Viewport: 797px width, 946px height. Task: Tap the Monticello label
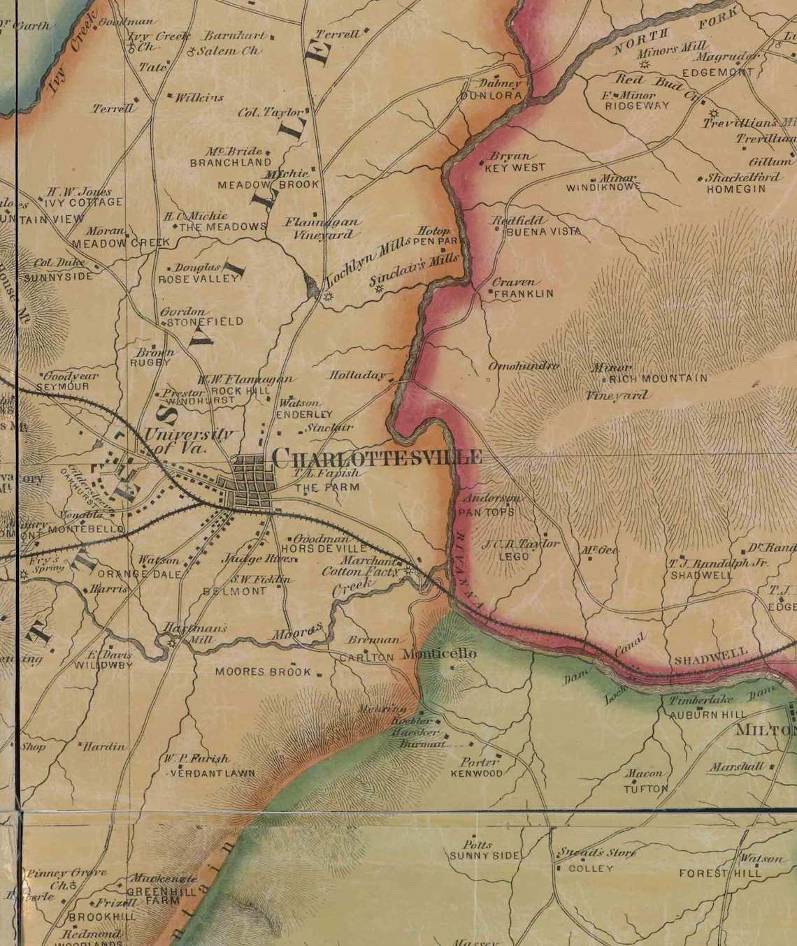click(440, 654)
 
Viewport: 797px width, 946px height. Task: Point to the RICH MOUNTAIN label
click(658, 379)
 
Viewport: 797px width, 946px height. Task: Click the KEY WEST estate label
click(515, 168)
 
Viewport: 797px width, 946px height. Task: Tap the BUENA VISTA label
click(543, 231)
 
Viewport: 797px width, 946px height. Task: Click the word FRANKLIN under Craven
click(523, 294)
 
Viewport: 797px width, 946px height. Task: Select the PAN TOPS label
click(487, 512)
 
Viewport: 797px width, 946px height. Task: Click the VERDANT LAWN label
click(213, 773)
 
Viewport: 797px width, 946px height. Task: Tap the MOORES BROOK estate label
click(262, 672)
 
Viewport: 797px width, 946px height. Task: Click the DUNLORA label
click(491, 95)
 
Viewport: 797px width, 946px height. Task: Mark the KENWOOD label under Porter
click(476, 774)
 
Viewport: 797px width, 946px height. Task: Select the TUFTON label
click(645, 789)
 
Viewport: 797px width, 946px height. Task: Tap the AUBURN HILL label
click(708, 715)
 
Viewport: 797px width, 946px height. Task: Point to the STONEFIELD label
click(203, 322)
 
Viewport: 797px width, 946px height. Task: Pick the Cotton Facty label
click(361, 572)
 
